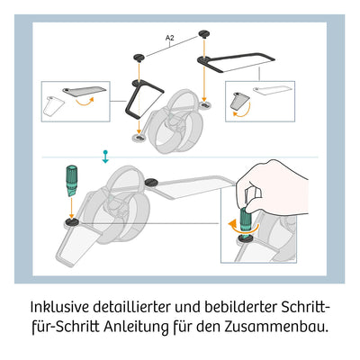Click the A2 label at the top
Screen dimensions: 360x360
tap(170, 37)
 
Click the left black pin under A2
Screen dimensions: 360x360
tap(139, 56)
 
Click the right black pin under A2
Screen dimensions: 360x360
tap(206, 34)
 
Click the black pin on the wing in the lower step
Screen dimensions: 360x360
tap(148, 184)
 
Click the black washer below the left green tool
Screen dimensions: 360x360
tap(69, 218)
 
